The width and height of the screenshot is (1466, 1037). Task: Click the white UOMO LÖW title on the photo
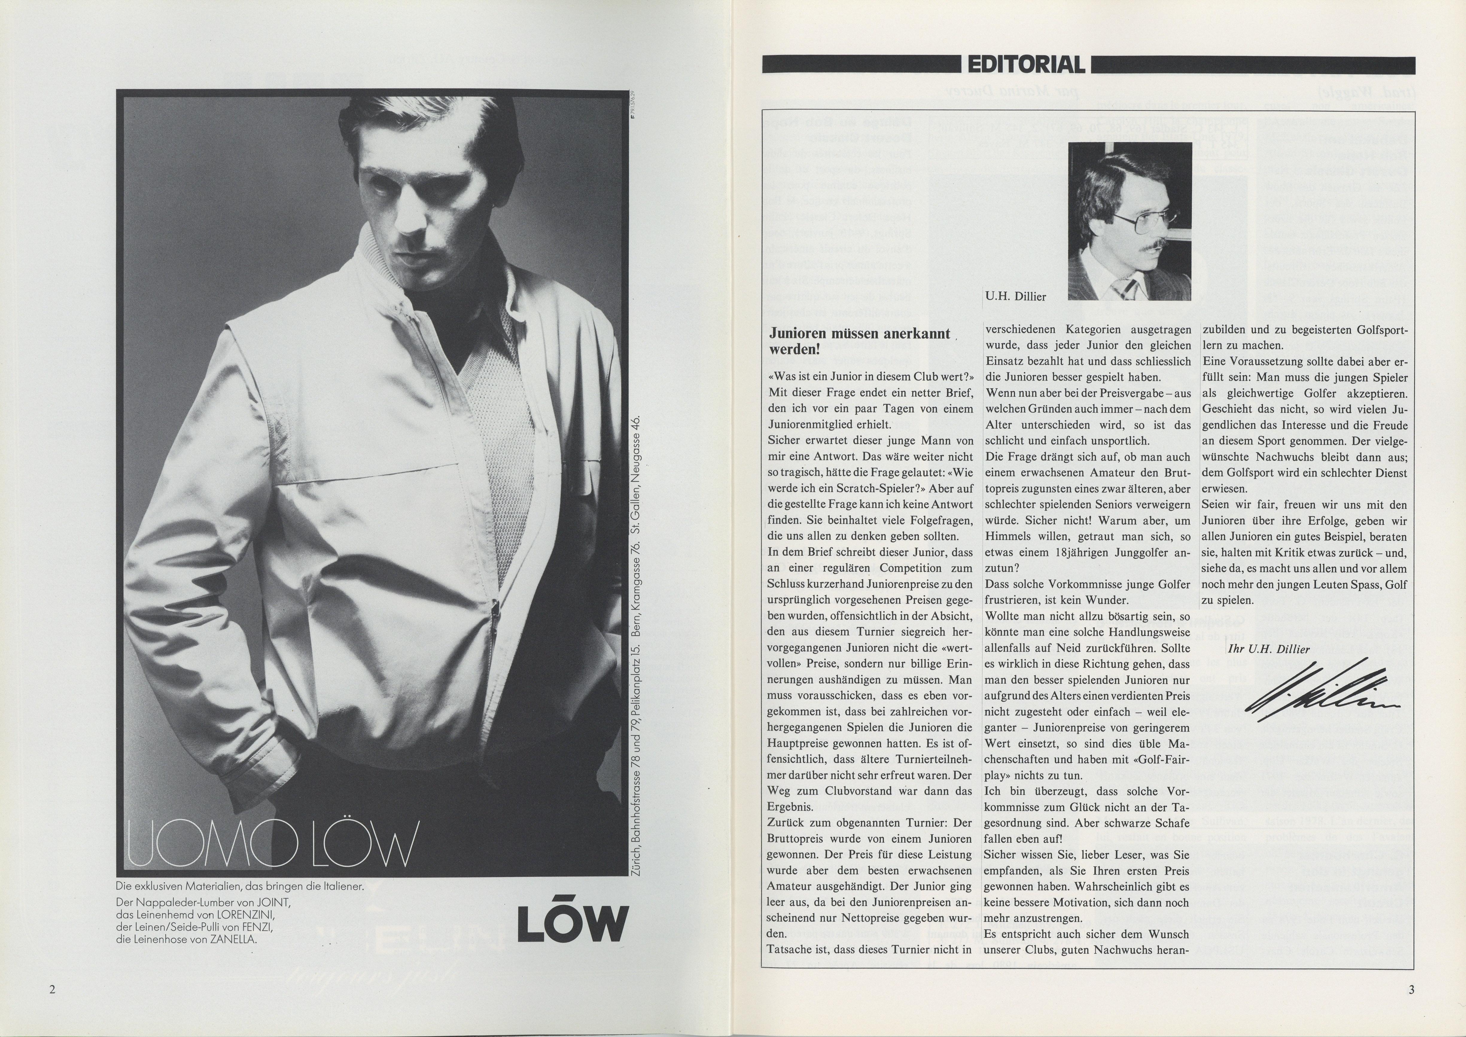272,843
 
